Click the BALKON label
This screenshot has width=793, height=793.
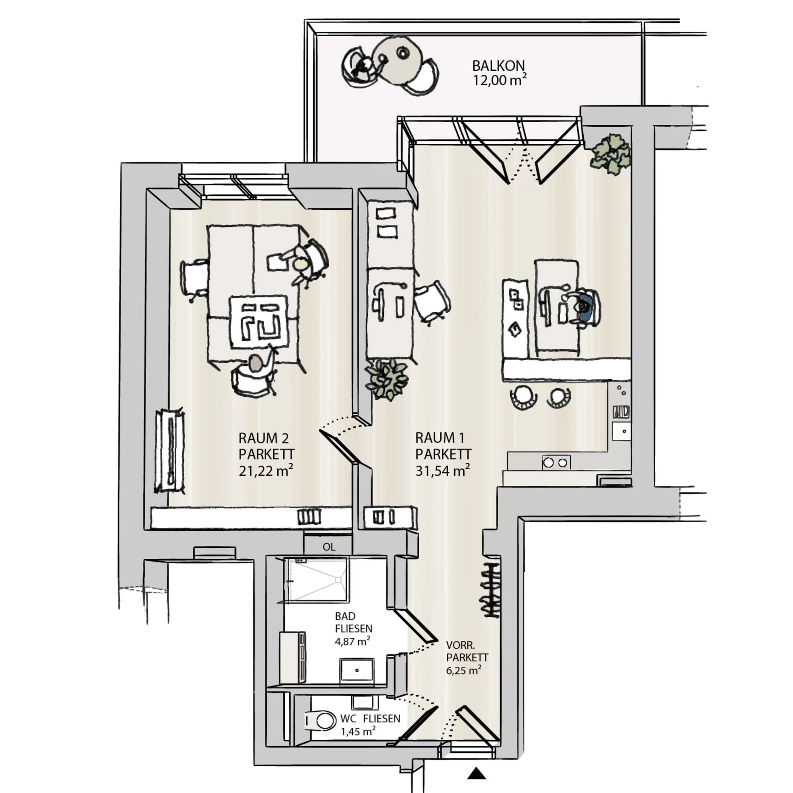(x=498, y=66)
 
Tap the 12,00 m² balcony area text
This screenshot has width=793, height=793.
(x=499, y=80)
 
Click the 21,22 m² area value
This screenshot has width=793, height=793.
(x=265, y=471)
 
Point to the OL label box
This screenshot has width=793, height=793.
(x=329, y=547)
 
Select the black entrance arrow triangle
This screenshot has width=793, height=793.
(x=477, y=774)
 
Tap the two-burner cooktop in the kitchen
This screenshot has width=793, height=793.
(x=556, y=462)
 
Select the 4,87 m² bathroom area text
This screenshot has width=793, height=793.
(x=352, y=641)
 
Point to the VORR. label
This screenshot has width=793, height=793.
(x=460, y=645)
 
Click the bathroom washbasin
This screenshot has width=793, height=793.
(x=357, y=670)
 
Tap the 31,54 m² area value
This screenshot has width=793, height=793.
(x=442, y=471)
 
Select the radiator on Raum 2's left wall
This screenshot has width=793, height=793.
(x=170, y=450)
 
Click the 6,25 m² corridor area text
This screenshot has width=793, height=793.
(x=463, y=670)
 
